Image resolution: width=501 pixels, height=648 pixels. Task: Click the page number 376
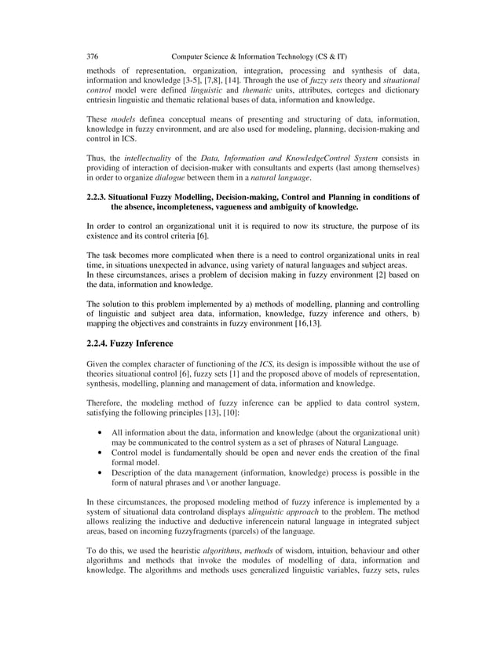tap(92, 57)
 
